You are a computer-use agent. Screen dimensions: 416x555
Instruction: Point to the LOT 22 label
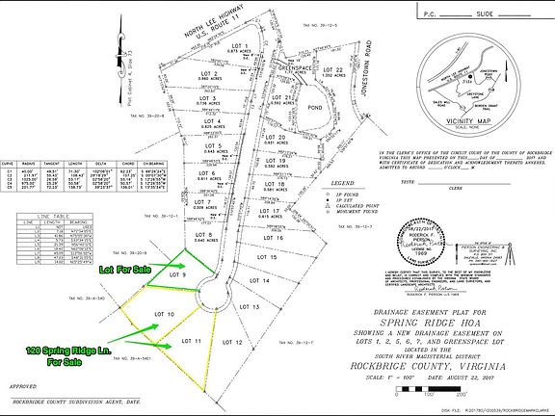[332, 70]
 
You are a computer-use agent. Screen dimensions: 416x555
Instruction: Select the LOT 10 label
[164, 315]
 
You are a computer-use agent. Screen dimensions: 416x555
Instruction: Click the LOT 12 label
[232, 342]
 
